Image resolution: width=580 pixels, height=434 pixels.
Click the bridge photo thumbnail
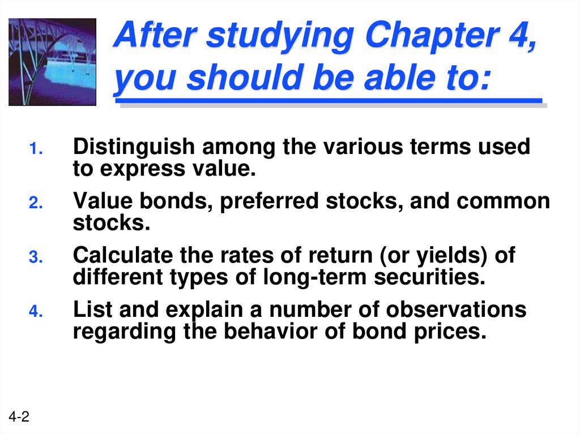click(x=52, y=62)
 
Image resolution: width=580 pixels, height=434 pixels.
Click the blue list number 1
click(x=35, y=151)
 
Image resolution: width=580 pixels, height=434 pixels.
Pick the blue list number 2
click(x=35, y=205)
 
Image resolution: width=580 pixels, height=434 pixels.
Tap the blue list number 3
click(x=35, y=259)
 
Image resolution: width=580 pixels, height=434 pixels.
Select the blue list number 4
click(x=35, y=313)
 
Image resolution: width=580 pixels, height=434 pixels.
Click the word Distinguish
click(x=134, y=148)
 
